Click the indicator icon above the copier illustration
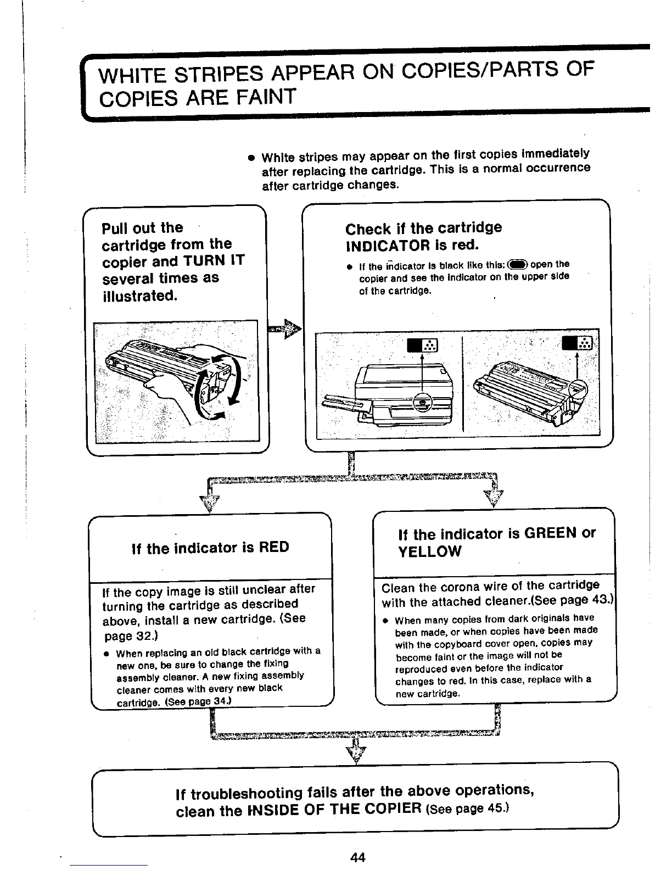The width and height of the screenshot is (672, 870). (422, 345)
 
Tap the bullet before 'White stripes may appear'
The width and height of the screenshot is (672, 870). (250, 158)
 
